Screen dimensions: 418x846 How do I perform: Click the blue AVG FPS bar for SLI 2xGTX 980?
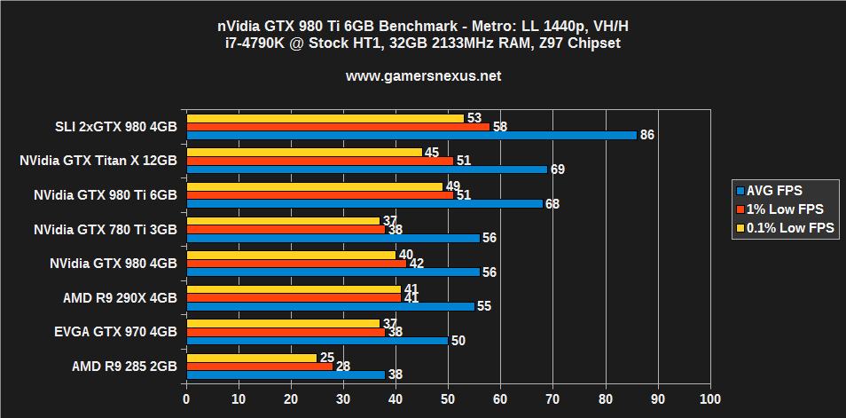pyautogui.click(x=411, y=135)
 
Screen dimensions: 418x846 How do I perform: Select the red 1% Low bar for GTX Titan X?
pyautogui.click(x=319, y=161)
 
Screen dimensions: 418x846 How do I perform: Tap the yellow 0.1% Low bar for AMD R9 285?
pyautogui.click(x=251, y=358)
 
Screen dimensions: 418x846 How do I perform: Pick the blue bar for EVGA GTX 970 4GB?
pyautogui.click(x=317, y=340)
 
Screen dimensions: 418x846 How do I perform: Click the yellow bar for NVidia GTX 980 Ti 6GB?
pyautogui.click(x=314, y=186)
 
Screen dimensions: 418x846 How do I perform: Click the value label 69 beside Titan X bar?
pyautogui.click(x=558, y=170)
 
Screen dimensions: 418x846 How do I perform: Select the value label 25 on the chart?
pyautogui.click(x=326, y=358)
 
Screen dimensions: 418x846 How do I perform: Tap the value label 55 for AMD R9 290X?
pyautogui.click(x=484, y=306)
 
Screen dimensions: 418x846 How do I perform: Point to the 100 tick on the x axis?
pyautogui.click(x=709, y=399)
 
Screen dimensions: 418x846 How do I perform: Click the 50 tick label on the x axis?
pyautogui.click(x=448, y=399)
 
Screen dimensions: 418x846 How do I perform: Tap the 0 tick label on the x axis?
pyautogui.click(x=186, y=399)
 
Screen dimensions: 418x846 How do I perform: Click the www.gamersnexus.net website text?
pyautogui.click(x=423, y=76)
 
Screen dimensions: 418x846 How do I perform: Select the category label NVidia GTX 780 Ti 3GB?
pyautogui.click(x=105, y=229)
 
